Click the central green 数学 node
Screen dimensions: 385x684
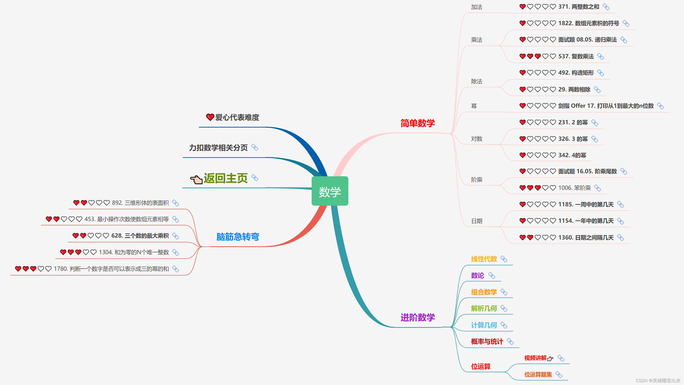pos(330,191)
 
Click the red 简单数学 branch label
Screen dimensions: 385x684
pos(417,123)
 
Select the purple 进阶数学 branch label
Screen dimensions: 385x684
pos(417,317)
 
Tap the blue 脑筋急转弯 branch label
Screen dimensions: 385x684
pos(238,236)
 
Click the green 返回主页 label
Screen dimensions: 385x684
pos(226,178)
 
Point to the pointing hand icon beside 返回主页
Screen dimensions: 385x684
pos(196,179)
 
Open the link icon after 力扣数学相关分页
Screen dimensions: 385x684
pos(255,147)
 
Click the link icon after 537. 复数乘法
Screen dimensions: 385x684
pos(600,57)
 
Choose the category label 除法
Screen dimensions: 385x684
pos(477,81)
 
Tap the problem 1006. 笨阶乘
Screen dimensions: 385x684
pos(574,188)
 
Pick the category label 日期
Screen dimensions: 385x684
pos(477,221)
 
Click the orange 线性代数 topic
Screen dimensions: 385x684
pos(484,259)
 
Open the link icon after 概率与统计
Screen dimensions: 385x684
pos(510,342)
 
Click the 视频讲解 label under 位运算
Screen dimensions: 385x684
pos(535,358)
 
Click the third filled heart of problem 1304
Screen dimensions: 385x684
pos(78,252)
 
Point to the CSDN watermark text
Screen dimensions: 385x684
pos(658,381)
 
